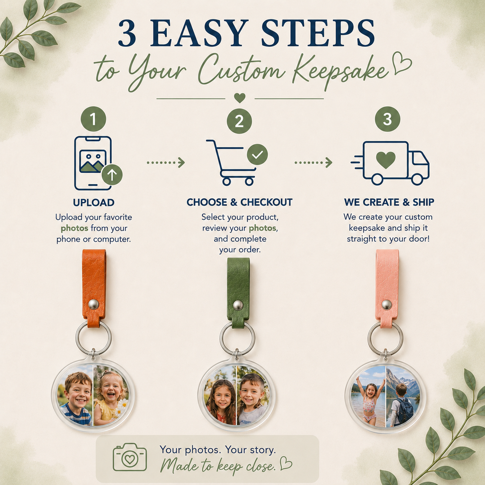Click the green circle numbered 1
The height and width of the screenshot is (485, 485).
tap(93, 119)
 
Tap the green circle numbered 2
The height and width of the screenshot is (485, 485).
tap(239, 121)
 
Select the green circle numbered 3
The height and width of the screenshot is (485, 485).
tap(387, 119)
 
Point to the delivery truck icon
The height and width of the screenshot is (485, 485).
tap(390, 163)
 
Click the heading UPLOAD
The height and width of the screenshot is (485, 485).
tap(94, 203)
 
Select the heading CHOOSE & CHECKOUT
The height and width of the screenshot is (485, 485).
tap(239, 202)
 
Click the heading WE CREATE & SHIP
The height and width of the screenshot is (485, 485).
tap(389, 202)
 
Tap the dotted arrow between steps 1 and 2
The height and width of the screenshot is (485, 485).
tap(166, 162)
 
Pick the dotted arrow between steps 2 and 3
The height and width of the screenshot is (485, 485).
tap(314, 162)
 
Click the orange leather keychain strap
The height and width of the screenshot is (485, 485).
tap(94, 287)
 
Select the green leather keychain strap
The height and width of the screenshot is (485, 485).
tap(238, 292)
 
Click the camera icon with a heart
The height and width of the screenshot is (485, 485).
tap(130, 457)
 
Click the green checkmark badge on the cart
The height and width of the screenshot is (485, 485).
tap(257, 154)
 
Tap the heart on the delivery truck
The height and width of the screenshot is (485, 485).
tap(386, 160)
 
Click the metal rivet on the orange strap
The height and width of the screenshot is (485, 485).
tap(94, 304)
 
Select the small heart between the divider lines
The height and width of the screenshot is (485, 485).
tap(240, 98)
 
